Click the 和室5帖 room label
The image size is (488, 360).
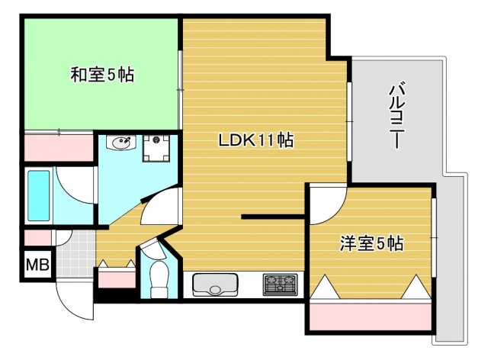[102, 75]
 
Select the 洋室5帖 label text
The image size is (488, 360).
[371, 244]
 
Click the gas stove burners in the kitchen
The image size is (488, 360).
[282, 284]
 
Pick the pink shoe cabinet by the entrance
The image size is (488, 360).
[117, 278]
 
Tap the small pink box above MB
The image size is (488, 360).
[36, 237]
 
